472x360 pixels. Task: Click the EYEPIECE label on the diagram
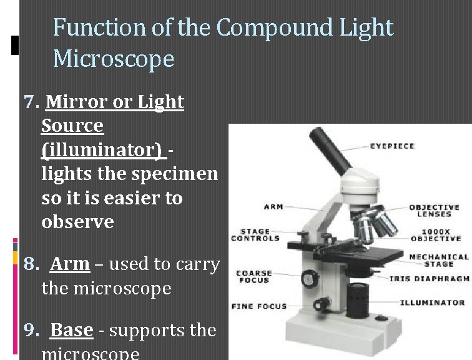(x=392, y=146)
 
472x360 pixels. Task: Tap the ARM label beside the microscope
(x=273, y=207)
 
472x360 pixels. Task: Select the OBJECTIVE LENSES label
(x=435, y=211)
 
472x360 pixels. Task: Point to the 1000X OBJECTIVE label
(x=436, y=234)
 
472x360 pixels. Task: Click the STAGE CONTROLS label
(x=255, y=234)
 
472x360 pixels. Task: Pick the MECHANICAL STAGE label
(x=438, y=260)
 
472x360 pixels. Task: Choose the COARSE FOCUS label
(x=254, y=276)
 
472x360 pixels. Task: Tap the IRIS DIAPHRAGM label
(x=429, y=279)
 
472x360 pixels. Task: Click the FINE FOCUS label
(x=259, y=306)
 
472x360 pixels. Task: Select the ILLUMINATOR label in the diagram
(x=432, y=302)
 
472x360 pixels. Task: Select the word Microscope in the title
(x=114, y=59)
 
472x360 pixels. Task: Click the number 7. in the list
(x=32, y=102)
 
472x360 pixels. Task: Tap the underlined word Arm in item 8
(x=69, y=264)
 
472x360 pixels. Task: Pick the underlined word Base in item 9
(x=71, y=329)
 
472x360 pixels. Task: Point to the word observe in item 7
(x=77, y=222)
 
